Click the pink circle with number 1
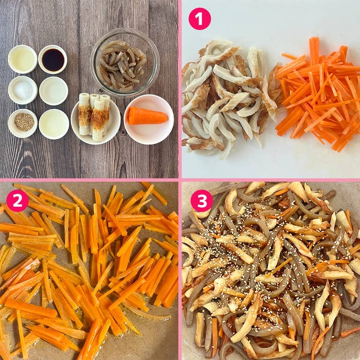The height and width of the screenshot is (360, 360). [x=200, y=19]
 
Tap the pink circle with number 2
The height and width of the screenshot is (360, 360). [x=17, y=201]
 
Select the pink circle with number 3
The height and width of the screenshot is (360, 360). [x=202, y=201]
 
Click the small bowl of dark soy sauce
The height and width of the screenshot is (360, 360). [x=53, y=59]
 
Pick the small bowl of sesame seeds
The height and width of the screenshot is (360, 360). [x=23, y=123]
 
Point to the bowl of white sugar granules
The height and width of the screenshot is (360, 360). [x=23, y=90]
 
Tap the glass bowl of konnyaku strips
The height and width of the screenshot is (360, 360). [x=125, y=62]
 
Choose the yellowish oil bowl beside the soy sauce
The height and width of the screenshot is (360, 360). [x=23, y=59]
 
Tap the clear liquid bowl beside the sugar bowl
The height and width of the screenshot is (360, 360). [x=53, y=91]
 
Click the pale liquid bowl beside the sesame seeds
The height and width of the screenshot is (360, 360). [x=54, y=124]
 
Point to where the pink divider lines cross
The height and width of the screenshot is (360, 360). [x=180, y=180]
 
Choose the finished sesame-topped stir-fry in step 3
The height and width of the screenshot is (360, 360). [x=271, y=271]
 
